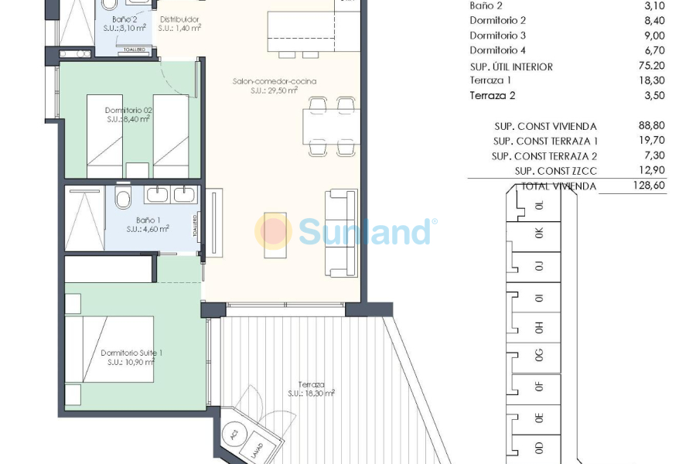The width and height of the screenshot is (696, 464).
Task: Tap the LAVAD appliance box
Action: point(257,449)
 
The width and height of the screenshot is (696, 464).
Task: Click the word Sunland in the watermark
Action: point(364,231)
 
